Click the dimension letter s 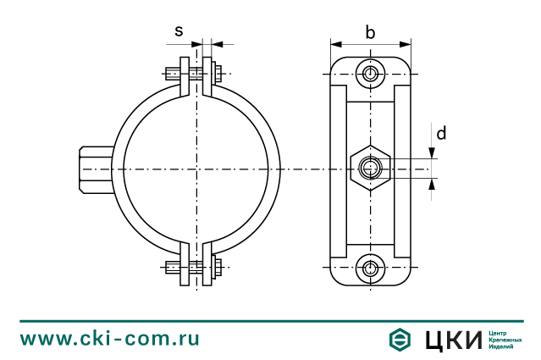coord(179,30)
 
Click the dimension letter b coord(370,32)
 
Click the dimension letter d coord(441,133)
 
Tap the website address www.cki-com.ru coord(110,339)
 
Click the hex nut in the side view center coord(370,169)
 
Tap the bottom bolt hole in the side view coord(370,269)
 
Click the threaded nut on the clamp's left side coord(95,169)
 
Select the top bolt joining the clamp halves coord(196,73)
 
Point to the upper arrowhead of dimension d coord(432,154)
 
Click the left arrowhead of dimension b coord(335,44)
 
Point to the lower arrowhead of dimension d coord(432,183)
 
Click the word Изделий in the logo coord(503,347)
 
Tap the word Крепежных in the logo coord(506,340)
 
